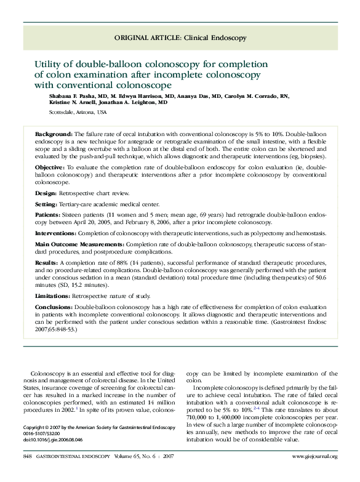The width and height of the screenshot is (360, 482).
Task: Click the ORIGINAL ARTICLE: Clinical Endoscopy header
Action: [180, 38]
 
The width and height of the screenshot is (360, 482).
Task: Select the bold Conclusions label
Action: [55, 306]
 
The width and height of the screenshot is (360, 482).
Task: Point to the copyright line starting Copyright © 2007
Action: [96, 427]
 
